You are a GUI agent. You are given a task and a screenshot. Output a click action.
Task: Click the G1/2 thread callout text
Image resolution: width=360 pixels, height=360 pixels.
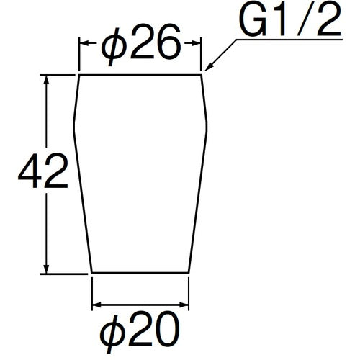click(x=287, y=25)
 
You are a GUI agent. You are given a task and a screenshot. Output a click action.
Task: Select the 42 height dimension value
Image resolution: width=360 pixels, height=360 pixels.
click(x=42, y=172)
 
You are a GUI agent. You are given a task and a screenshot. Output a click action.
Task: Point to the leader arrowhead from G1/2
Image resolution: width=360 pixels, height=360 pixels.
click(x=207, y=69)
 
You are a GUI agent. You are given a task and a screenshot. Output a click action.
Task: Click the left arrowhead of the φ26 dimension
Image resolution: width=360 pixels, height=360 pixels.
click(x=82, y=44)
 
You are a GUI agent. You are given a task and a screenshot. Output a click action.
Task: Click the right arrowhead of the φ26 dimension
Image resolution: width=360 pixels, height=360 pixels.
click(x=197, y=44)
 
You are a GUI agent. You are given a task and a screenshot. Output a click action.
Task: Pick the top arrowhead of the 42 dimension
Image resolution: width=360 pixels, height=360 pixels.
click(x=47, y=78)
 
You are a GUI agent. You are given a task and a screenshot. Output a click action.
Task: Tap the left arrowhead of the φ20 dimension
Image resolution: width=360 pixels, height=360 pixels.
click(x=96, y=305)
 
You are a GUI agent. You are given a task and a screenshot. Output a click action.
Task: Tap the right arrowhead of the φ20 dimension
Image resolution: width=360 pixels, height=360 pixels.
click(x=185, y=305)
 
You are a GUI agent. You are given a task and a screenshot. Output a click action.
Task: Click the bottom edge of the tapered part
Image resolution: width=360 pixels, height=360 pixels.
click(x=140, y=273)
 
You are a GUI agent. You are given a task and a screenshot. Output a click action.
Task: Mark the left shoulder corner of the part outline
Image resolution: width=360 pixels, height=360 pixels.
click(x=74, y=123)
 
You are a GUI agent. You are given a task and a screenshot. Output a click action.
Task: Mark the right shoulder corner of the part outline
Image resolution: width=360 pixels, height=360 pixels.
click(x=207, y=123)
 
